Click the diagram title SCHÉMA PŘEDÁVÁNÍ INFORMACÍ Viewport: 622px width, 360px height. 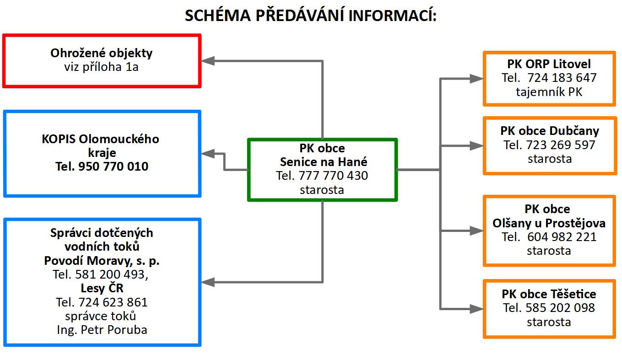[311, 16]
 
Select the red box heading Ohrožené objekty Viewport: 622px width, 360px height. [101, 53]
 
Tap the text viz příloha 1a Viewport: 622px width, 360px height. [101, 67]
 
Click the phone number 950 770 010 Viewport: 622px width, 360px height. [114, 166]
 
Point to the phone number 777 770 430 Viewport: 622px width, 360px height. [333, 175]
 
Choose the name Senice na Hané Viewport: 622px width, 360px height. [324, 161]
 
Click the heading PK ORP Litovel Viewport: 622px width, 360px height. [549, 64]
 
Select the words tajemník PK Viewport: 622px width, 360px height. [549, 92]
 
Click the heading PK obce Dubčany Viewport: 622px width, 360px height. [550, 131]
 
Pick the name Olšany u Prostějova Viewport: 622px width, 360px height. [549, 223]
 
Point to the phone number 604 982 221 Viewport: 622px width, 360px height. [562, 237]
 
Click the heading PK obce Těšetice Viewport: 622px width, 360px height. [549, 294]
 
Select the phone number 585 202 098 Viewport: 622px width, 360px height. [560, 307]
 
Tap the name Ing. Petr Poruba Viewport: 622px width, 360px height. [102, 330]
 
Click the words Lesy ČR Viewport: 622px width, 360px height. [102, 288]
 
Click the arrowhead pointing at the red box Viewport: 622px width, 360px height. [208, 61]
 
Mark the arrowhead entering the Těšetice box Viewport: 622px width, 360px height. [476, 309]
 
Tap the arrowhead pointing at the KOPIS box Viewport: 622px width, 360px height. [208, 154]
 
